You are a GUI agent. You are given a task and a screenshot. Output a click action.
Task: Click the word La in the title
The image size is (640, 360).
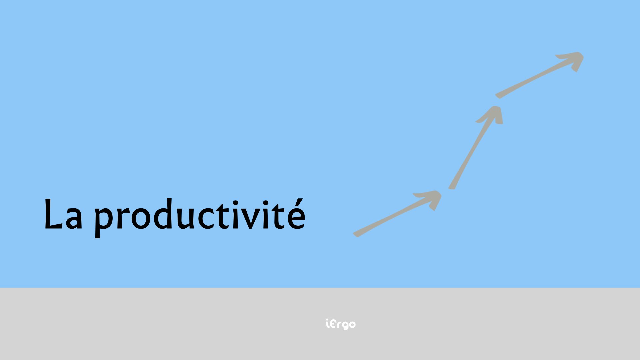[63, 214]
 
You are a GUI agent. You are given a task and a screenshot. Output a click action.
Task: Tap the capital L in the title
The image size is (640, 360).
[53, 214]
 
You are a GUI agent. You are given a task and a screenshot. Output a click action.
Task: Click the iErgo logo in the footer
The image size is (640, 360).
[341, 324]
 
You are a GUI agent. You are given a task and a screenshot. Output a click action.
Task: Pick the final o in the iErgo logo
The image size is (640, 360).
[352, 324]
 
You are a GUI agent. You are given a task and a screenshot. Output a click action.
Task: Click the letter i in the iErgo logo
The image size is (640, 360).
[327, 324]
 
